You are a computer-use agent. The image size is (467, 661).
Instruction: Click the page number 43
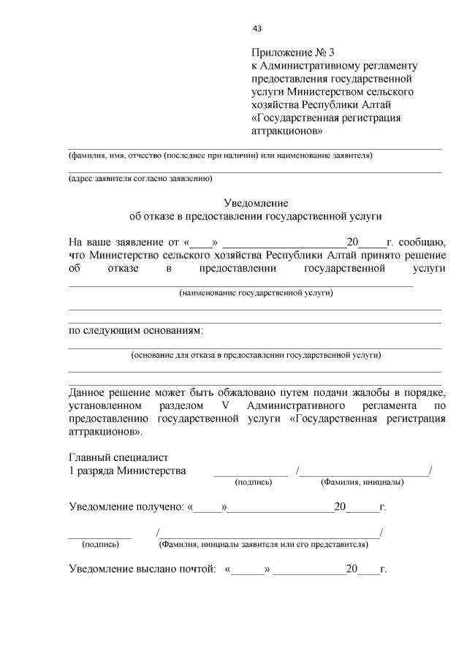point(257,28)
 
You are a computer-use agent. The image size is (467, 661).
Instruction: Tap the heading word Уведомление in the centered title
point(256,203)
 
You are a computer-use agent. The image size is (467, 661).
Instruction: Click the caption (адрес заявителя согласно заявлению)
point(140,178)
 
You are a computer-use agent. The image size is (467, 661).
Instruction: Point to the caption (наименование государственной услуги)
point(256,293)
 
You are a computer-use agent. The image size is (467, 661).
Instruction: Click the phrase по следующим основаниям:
point(136,331)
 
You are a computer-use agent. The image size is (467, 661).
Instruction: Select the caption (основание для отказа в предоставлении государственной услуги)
point(256,355)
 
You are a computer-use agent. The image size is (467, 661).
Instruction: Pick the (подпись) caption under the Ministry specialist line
point(253,483)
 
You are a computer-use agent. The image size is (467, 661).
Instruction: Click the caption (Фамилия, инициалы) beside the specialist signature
point(362,483)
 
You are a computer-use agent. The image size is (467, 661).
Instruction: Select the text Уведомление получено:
point(126,506)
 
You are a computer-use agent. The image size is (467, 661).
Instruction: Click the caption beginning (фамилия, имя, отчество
point(220,156)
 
